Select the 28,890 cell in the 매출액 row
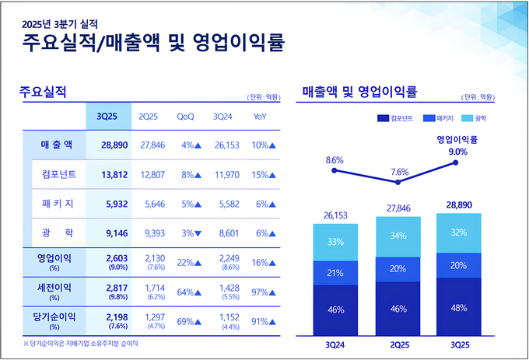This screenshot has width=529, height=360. click(108, 145)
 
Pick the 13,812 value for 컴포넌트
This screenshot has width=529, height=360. click(108, 174)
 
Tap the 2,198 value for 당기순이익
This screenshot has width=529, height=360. click(107, 317)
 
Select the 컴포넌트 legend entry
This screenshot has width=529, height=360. click(394, 119)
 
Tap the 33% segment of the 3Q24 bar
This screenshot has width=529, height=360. click(335, 242)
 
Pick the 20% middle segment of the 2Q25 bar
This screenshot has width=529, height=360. click(398, 269)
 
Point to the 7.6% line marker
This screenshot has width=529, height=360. click(398, 183)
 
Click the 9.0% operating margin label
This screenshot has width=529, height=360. click(458, 152)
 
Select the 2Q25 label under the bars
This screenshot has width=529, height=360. click(398, 342)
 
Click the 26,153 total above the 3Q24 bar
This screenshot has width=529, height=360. click(335, 215)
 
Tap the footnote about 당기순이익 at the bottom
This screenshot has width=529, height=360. click(81, 342)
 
